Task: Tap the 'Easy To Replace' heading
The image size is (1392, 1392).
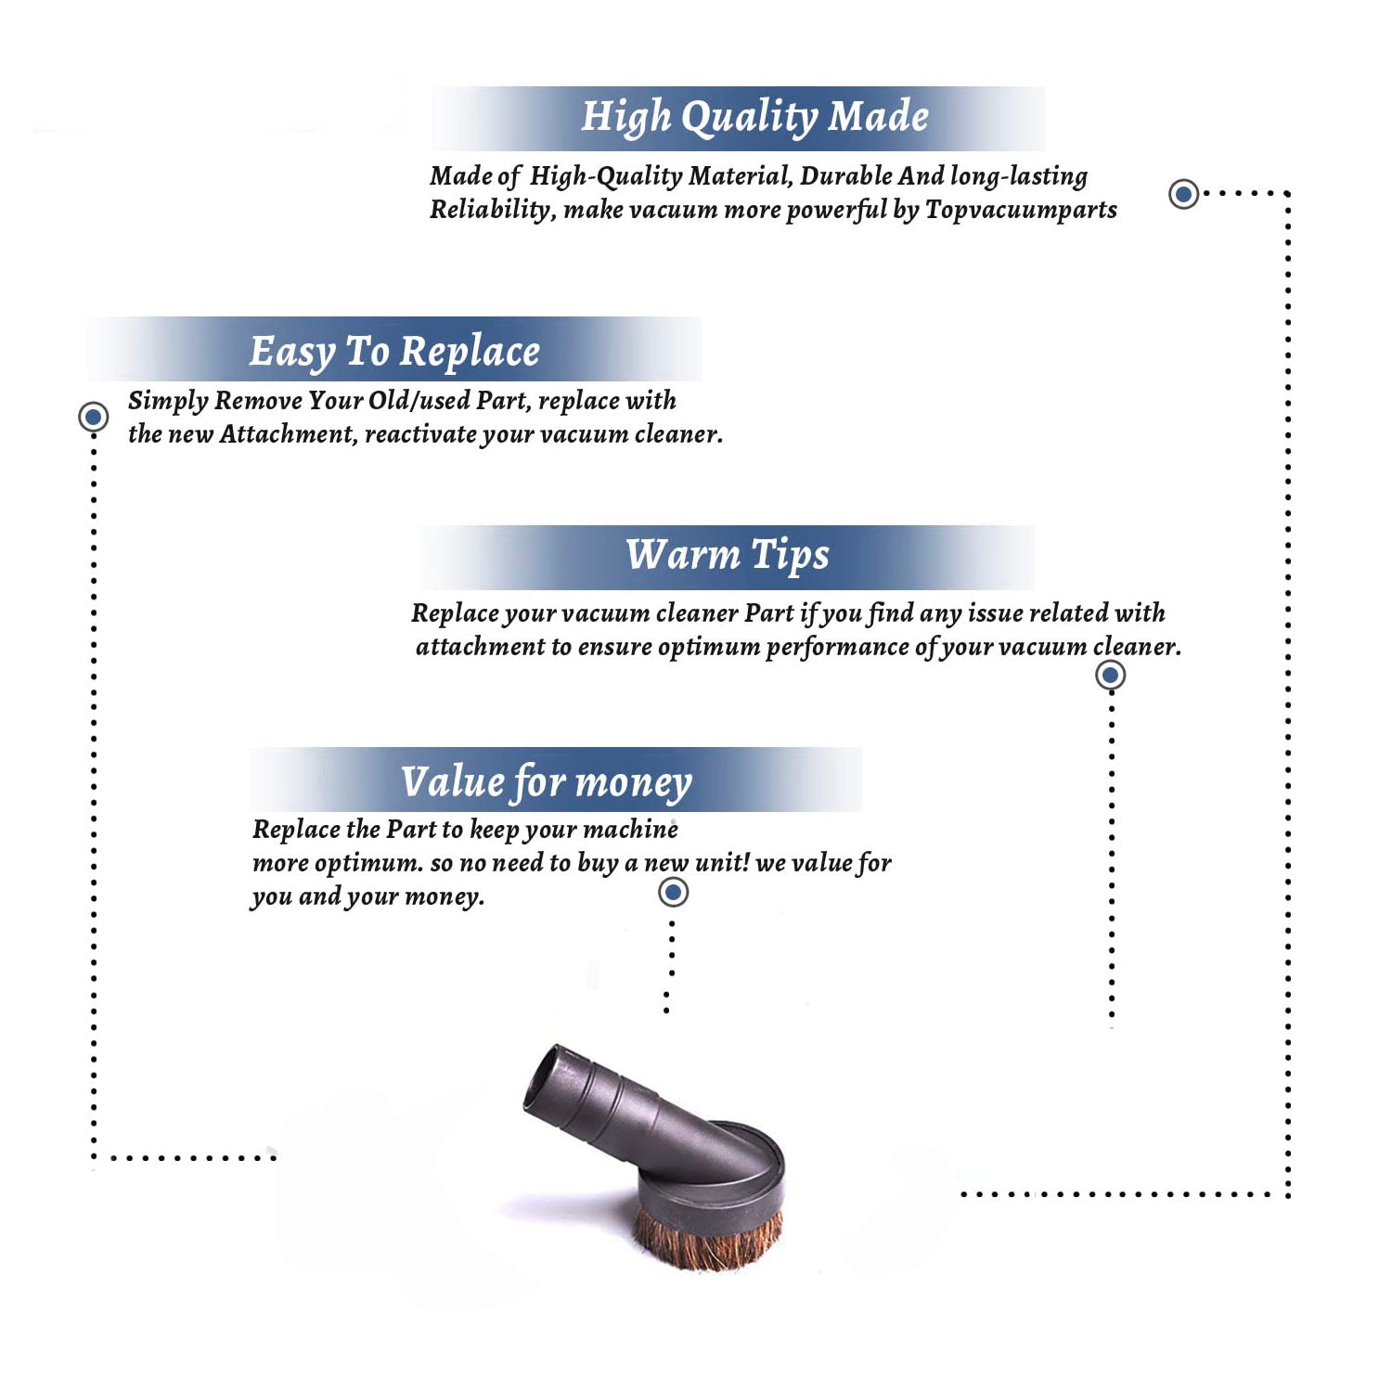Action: pos(394,353)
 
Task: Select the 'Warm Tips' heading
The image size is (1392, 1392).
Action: pos(728,556)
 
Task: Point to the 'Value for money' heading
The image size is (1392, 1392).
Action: pos(547,782)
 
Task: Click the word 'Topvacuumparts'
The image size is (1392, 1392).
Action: pos(1021,211)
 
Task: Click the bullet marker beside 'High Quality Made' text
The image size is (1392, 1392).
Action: pos(1183,194)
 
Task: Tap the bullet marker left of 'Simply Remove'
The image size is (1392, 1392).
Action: pos(93,417)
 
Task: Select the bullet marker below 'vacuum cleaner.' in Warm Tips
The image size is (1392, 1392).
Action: pos(1111,675)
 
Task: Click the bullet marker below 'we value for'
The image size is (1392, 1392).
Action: pos(673,893)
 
